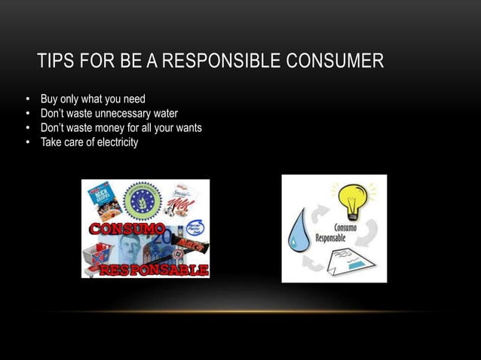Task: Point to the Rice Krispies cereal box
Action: (x=97, y=198)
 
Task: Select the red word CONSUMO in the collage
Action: (x=124, y=227)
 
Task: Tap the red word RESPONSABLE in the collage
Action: (x=154, y=269)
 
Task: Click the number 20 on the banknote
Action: (x=163, y=236)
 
